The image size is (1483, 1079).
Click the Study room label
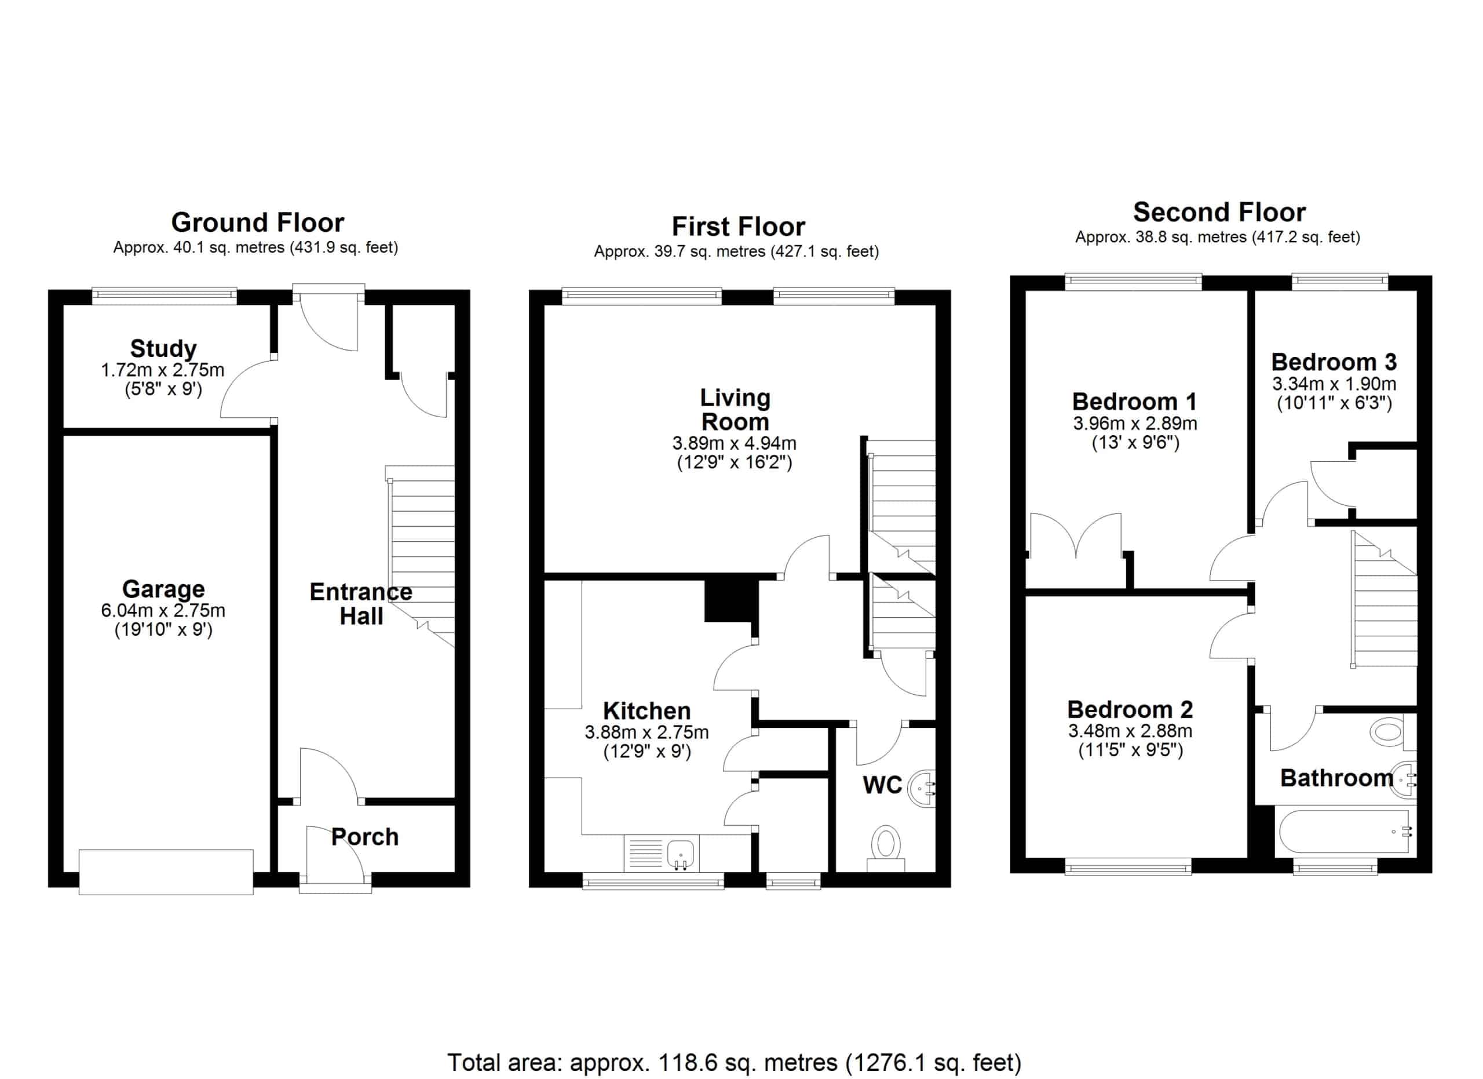[x=163, y=348]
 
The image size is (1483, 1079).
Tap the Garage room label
[x=163, y=589]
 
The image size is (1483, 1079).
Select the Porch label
[x=365, y=837]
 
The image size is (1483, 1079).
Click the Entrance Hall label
[x=361, y=604]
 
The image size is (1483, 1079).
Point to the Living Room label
[x=735, y=409]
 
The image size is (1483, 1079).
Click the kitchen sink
[x=681, y=854]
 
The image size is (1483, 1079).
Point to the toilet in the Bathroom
[x=1393, y=731]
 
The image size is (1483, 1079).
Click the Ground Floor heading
[x=258, y=223]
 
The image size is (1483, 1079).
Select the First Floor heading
[x=738, y=227]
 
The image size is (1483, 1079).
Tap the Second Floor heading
[x=1219, y=213]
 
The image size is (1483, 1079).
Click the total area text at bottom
[x=733, y=1063]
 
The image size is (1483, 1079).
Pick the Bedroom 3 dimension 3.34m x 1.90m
[x=1334, y=384]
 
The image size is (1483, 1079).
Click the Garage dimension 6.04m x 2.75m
[x=163, y=611]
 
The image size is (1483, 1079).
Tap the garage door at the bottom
[x=166, y=872]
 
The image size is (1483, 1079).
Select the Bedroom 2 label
[x=1130, y=709]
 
